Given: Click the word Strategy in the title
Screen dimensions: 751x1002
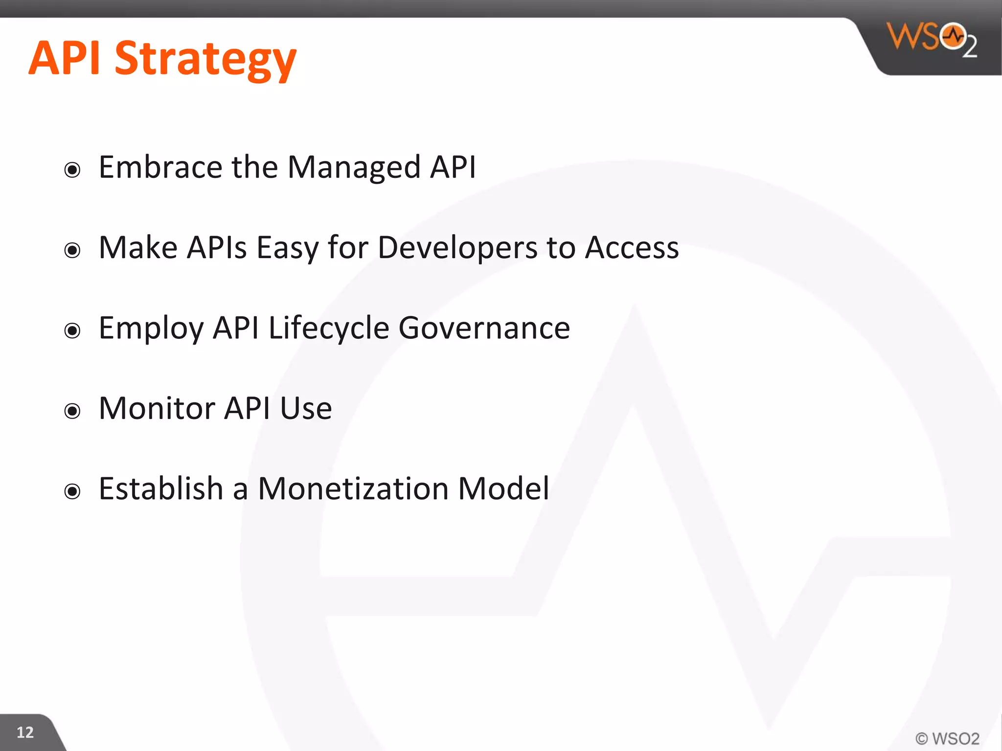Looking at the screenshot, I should (x=205, y=60).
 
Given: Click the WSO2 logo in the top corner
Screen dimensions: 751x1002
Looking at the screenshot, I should (x=932, y=39).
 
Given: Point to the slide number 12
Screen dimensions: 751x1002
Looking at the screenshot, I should (x=25, y=732).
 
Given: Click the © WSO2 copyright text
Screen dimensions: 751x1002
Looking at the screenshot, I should (x=947, y=738).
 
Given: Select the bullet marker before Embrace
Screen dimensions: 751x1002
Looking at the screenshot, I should (x=72, y=170).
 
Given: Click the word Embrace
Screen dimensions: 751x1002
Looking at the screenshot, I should (x=160, y=167).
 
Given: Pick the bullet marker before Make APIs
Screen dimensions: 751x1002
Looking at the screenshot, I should (x=72, y=250).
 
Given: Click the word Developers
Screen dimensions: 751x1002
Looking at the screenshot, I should (x=457, y=248).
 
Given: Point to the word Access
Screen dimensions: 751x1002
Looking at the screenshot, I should (x=632, y=247).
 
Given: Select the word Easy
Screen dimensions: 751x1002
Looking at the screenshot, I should (x=287, y=248).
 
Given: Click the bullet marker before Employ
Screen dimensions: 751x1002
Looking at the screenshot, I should (x=72, y=331).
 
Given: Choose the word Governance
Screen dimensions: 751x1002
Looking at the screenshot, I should (x=484, y=328).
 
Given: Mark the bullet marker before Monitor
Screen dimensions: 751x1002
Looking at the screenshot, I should (x=72, y=411).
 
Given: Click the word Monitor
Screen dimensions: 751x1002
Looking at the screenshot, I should (x=157, y=408).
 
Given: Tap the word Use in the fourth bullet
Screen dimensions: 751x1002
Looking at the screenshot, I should (x=306, y=408).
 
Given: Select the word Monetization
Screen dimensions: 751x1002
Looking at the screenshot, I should (x=353, y=488).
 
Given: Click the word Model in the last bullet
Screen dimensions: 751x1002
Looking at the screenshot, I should (x=503, y=488).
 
